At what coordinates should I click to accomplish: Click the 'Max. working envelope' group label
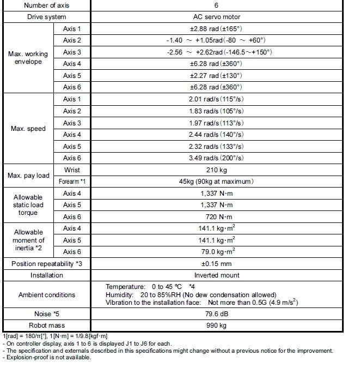[28, 58]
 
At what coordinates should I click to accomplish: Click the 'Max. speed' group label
[28, 129]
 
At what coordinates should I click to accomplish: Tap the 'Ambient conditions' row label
[47, 295]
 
